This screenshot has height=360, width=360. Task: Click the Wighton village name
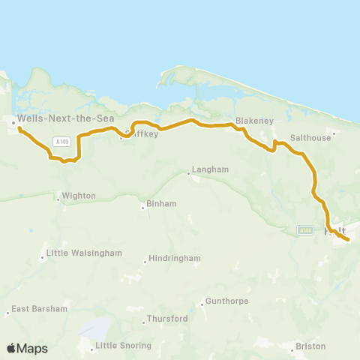[79, 196]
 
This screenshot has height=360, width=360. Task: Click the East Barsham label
[39, 308]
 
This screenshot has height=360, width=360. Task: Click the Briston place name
[311, 346]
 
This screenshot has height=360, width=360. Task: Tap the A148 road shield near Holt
[304, 229]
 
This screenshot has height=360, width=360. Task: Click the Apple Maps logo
[27, 348]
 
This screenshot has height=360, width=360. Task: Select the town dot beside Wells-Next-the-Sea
[13, 120]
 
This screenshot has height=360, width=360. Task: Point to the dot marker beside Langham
[188, 174]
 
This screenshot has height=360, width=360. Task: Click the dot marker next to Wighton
[58, 199]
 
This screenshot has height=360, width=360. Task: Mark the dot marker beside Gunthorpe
[202, 304]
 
